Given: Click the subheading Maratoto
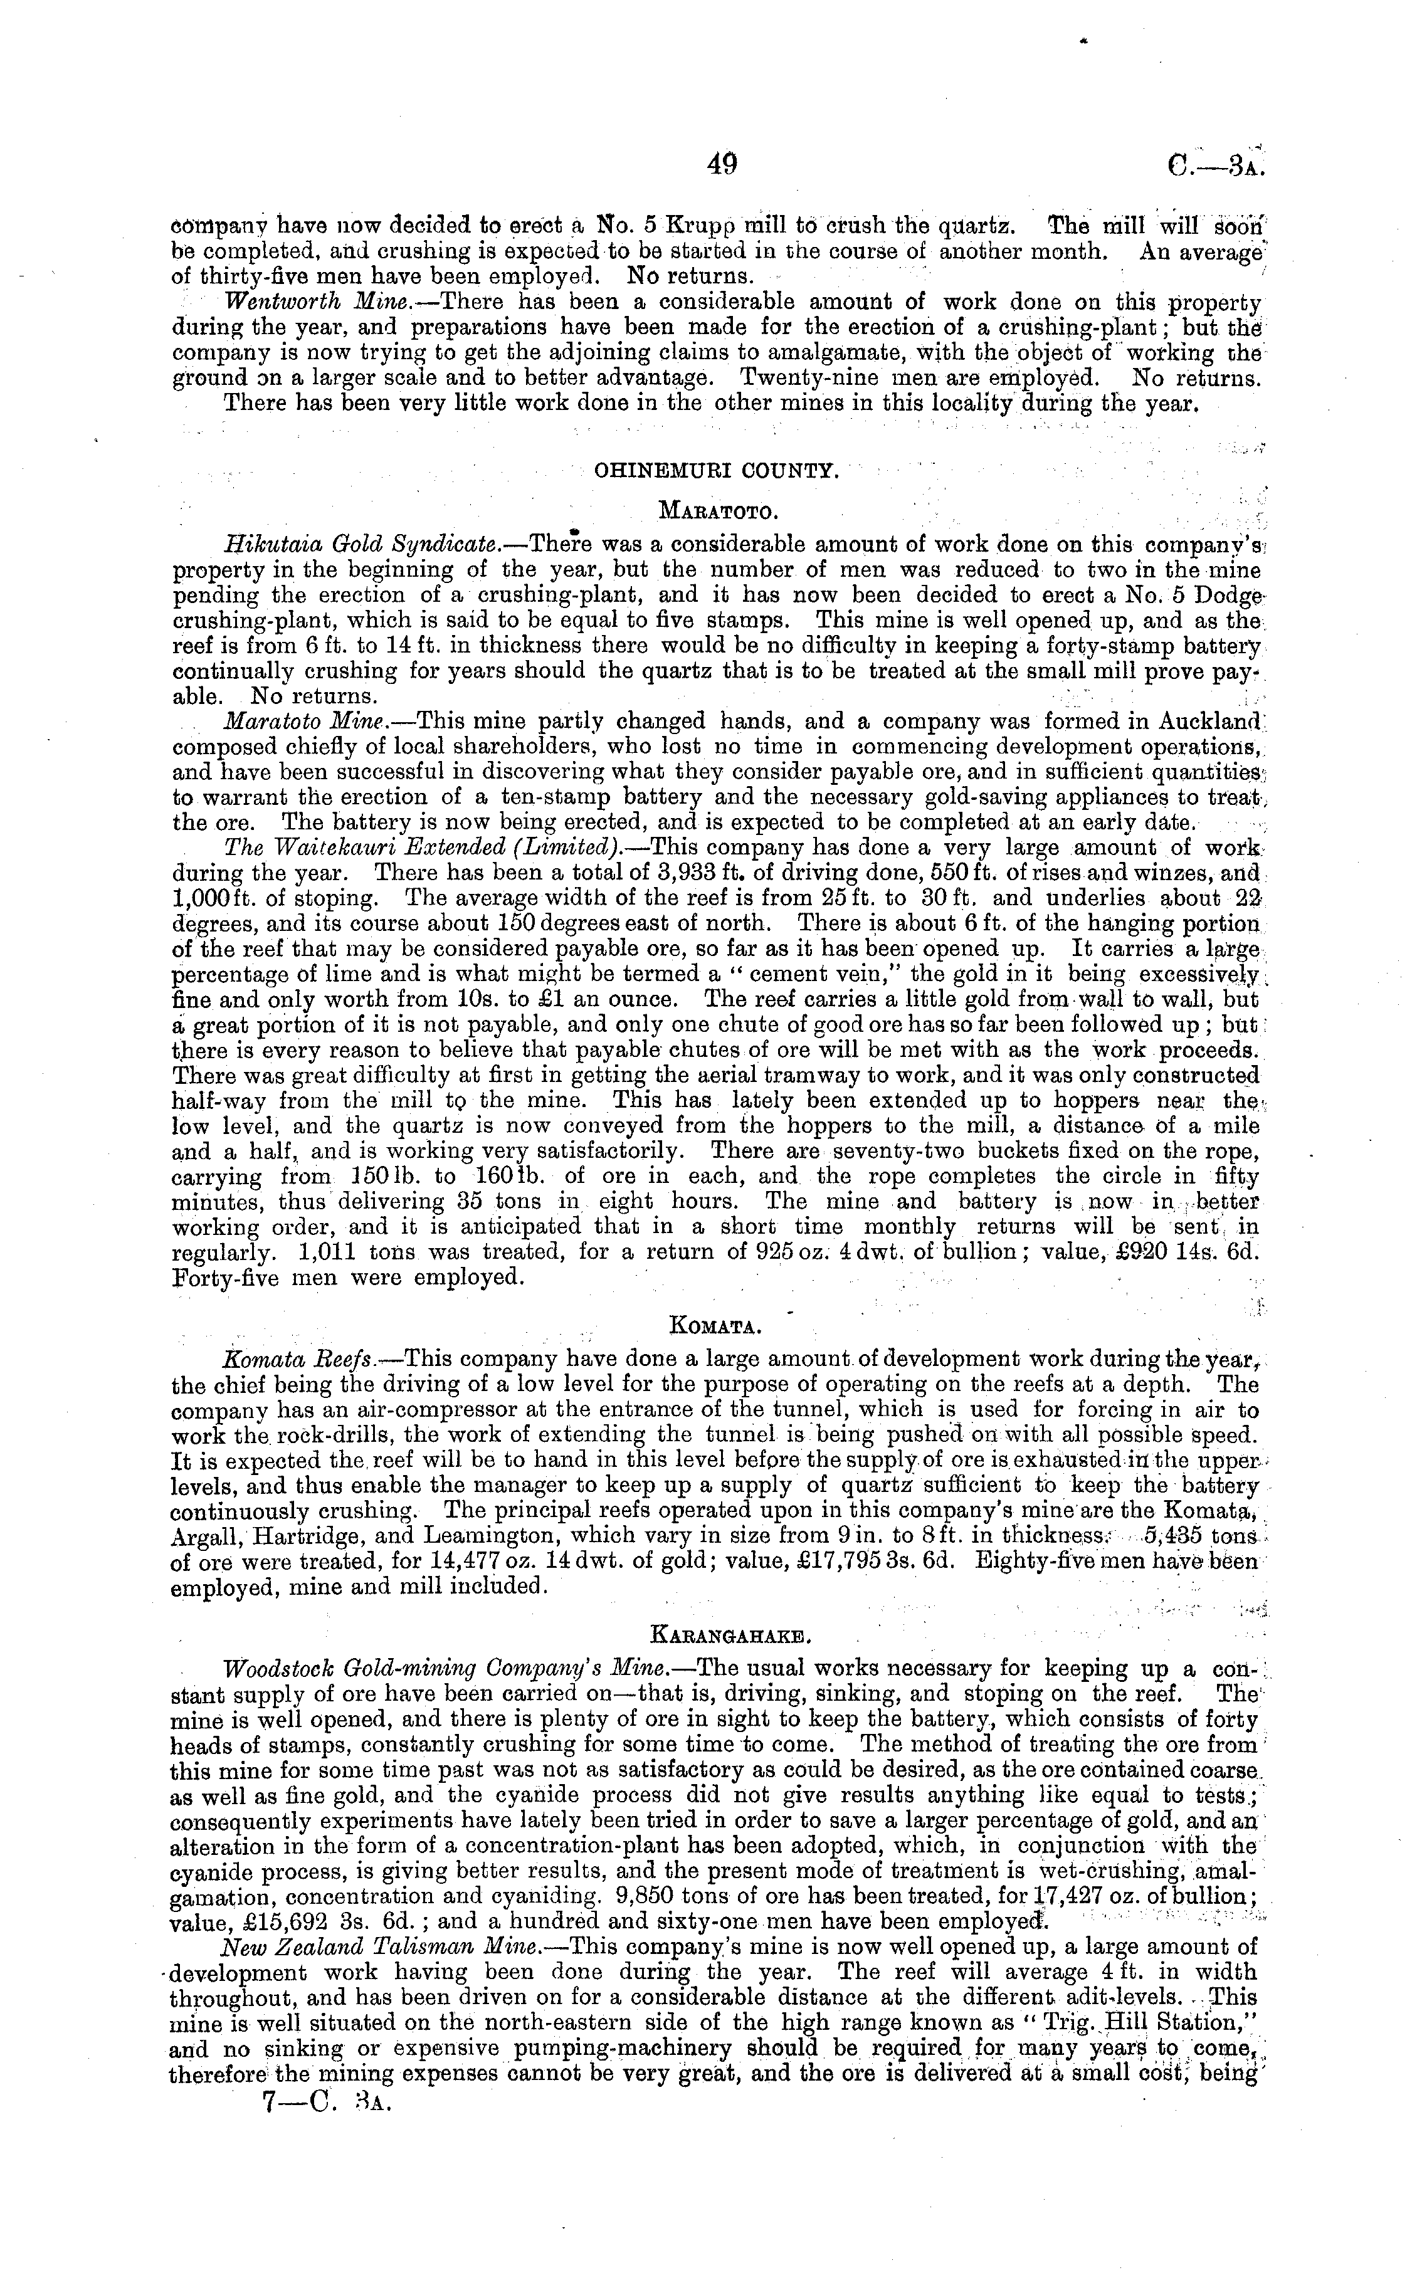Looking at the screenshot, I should [717, 512].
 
